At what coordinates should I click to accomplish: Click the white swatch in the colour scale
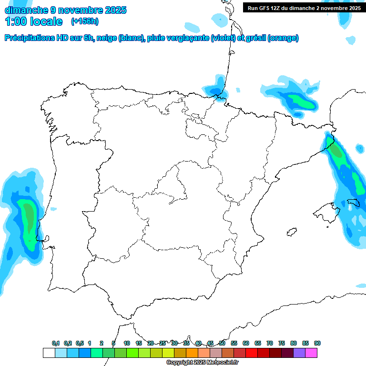pyautogui.click(x=49, y=353)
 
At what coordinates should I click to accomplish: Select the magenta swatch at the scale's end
pyautogui.click(x=311, y=353)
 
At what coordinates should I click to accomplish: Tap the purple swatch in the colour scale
pyautogui.click(x=299, y=353)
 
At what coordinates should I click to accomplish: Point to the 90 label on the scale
pyautogui.click(x=317, y=343)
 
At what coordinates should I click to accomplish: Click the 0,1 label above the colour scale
pyautogui.click(x=56, y=343)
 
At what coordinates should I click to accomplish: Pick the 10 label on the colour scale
pyautogui.click(x=127, y=343)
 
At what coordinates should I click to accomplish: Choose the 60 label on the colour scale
pyautogui.click(x=246, y=343)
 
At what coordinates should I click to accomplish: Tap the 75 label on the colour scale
pyautogui.click(x=282, y=343)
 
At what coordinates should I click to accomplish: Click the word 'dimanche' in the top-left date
pyautogui.click(x=26, y=10)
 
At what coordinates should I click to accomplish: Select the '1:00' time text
pyautogui.click(x=15, y=21)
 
